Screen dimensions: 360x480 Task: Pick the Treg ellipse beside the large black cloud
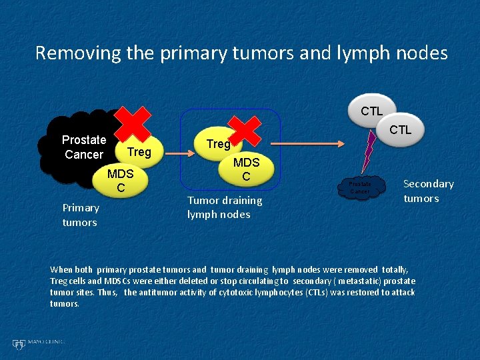pyautogui.click(x=139, y=153)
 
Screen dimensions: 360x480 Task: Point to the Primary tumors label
pyautogui.click(x=80, y=215)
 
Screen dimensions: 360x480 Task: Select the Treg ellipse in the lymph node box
pyautogui.click(x=218, y=144)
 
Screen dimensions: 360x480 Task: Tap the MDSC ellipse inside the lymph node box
pyautogui.click(x=246, y=169)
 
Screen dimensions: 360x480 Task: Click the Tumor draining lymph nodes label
pyautogui.click(x=225, y=207)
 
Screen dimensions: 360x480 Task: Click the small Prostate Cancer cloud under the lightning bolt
pyautogui.click(x=360, y=187)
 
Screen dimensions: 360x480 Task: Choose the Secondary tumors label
pyautogui.click(x=428, y=191)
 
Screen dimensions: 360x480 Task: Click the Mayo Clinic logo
pyautogui.click(x=39, y=343)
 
